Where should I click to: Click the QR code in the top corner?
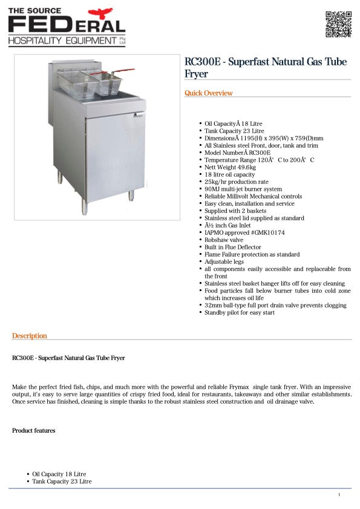point(338,24)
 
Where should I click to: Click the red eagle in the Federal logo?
point(101,13)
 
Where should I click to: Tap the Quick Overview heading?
point(208,93)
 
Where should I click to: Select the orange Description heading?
point(29,336)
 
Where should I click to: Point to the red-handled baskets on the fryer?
point(91,82)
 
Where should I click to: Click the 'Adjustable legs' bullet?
point(224,261)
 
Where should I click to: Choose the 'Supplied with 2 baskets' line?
point(235,211)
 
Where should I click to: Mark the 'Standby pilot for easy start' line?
point(240,312)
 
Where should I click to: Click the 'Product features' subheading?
point(33,430)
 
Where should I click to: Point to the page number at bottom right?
point(339,495)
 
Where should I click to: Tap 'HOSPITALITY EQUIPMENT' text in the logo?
point(62,41)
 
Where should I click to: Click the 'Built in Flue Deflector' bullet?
point(233,247)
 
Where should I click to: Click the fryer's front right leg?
point(131,195)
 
